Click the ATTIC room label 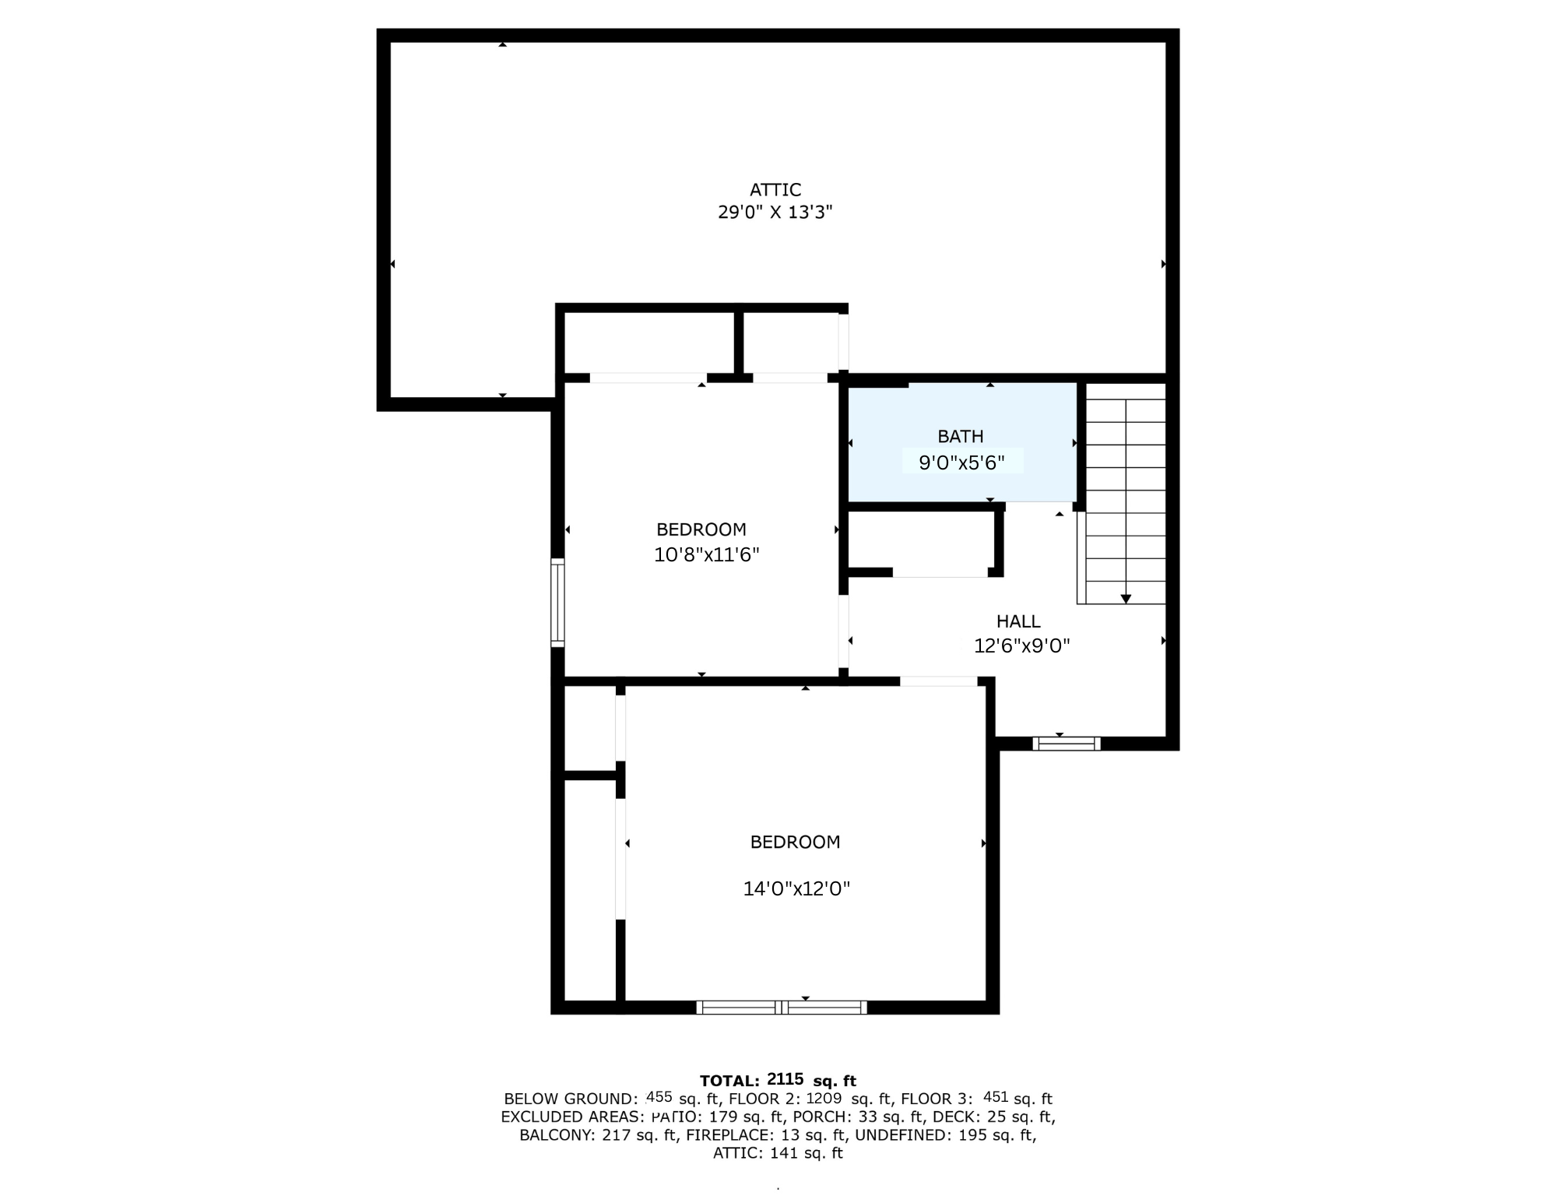click(775, 189)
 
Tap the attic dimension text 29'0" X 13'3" click(775, 212)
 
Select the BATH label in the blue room click(961, 437)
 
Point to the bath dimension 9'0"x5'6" click(962, 463)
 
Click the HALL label click(1018, 621)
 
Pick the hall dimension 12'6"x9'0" click(1022, 645)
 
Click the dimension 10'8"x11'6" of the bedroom click(707, 554)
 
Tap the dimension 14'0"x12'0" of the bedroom click(796, 888)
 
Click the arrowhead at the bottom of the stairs click(1126, 599)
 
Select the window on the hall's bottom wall click(1067, 744)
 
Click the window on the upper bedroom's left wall click(557, 603)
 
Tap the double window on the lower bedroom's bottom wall click(782, 1007)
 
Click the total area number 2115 click(785, 1079)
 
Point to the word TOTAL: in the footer click(729, 1081)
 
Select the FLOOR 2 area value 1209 click(824, 1098)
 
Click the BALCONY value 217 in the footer click(617, 1135)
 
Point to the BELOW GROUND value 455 click(659, 1097)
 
